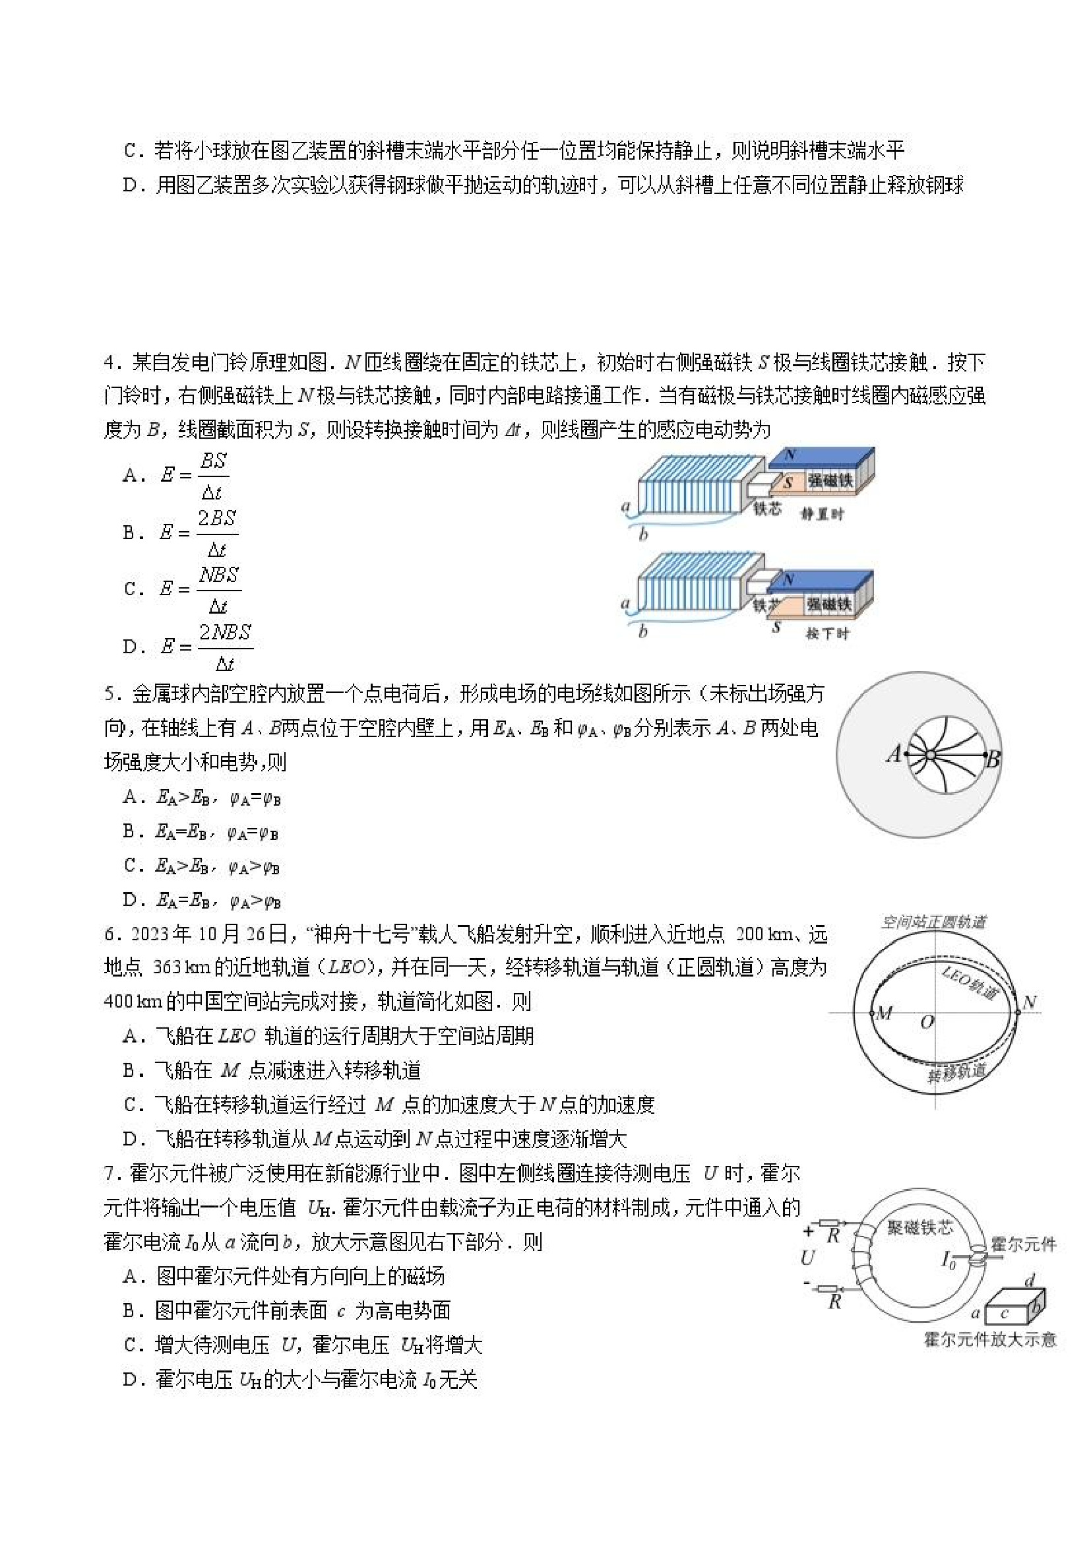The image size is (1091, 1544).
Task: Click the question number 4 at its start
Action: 111,363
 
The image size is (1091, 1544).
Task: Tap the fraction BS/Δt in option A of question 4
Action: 213,476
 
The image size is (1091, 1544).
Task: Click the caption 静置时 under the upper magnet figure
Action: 822,515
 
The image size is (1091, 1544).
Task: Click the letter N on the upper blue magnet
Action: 790,455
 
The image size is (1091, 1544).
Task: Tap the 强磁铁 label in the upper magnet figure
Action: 831,480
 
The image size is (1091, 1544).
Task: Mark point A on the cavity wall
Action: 907,755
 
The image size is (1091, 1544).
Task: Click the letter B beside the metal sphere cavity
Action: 993,760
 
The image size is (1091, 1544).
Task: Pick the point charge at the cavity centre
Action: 930,756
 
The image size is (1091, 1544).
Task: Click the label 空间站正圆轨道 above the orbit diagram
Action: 934,921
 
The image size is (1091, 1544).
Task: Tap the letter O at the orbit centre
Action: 927,1023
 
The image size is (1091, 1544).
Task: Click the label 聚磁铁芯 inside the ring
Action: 920,1227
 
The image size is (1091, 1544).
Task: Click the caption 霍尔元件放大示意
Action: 990,1339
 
